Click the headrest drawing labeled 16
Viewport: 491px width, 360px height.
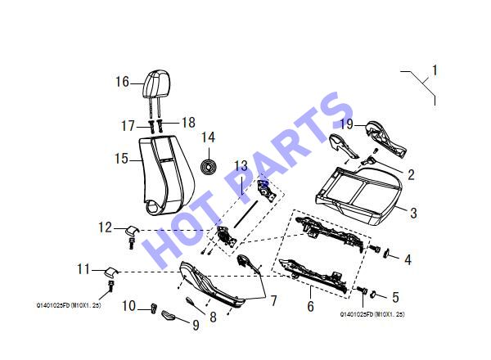156,84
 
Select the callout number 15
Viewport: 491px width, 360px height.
121,159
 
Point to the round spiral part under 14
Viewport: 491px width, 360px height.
208,167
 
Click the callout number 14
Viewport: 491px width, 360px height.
208,137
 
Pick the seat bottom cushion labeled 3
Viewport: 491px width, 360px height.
359,196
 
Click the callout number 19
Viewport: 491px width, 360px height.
347,124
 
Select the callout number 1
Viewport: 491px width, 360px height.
435,70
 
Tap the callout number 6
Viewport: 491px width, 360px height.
310,307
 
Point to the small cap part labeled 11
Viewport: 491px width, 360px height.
110,272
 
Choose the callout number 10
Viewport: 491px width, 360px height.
129,306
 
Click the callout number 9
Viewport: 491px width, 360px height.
196,326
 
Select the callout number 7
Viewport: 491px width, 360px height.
274,301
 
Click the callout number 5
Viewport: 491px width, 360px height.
396,297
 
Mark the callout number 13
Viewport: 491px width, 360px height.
241,166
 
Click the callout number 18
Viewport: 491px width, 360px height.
188,123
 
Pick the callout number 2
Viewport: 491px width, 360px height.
411,174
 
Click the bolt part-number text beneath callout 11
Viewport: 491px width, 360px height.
69,305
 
